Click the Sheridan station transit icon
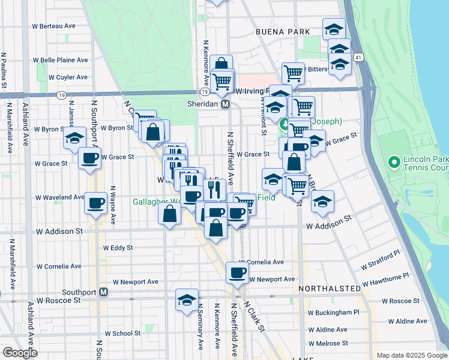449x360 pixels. point(226,104)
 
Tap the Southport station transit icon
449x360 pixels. point(103,292)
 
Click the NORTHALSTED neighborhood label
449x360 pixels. point(325,288)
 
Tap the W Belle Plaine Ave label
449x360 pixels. point(60,60)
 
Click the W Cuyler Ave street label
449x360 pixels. point(68,77)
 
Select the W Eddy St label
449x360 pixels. point(118,247)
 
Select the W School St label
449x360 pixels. point(122,333)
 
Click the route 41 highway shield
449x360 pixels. point(358,56)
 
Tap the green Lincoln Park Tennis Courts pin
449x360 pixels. point(394,162)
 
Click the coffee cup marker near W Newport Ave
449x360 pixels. point(237,273)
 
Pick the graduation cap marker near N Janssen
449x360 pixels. point(74,138)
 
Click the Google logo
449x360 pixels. point(20,353)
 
